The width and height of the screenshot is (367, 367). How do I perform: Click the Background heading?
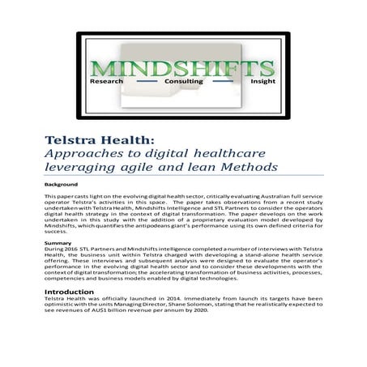[62, 185]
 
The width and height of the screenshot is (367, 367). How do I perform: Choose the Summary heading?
[58, 243]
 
